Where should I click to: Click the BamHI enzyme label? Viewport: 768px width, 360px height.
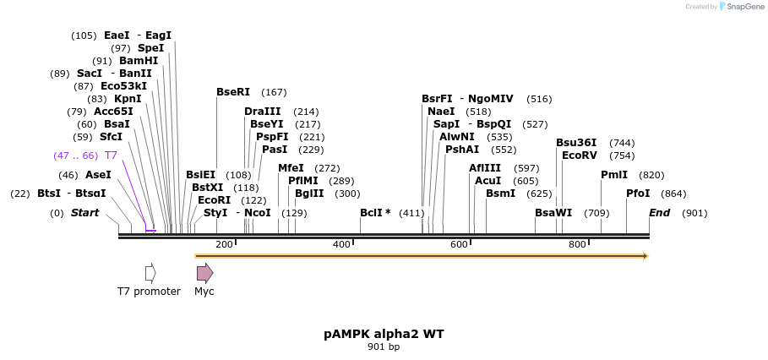click(x=139, y=61)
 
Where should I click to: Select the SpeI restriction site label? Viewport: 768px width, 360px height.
click(x=150, y=48)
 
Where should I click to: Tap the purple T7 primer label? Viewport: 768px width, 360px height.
click(x=111, y=155)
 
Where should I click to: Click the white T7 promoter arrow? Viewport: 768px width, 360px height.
click(x=150, y=273)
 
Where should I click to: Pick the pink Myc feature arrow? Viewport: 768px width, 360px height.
click(x=204, y=273)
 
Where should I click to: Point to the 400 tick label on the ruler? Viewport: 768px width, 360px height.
click(x=341, y=244)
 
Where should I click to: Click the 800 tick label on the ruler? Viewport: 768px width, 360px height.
click(x=577, y=244)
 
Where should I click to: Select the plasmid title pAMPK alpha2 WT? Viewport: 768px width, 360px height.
click(x=384, y=334)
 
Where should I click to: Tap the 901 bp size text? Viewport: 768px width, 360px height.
click(x=384, y=346)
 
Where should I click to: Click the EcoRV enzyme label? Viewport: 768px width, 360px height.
click(x=580, y=155)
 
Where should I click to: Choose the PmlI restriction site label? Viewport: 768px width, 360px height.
click(x=614, y=175)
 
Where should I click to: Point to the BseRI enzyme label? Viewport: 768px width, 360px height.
click(x=233, y=92)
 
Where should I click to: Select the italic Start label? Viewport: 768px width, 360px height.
click(x=85, y=213)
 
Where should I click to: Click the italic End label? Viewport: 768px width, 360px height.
click(x=660, y=213)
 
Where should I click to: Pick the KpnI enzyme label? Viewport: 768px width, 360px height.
click(x=133, y=99)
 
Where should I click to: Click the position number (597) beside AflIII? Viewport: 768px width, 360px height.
click(x=526, y=168)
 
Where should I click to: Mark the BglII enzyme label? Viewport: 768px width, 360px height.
click(x=309, y=194)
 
